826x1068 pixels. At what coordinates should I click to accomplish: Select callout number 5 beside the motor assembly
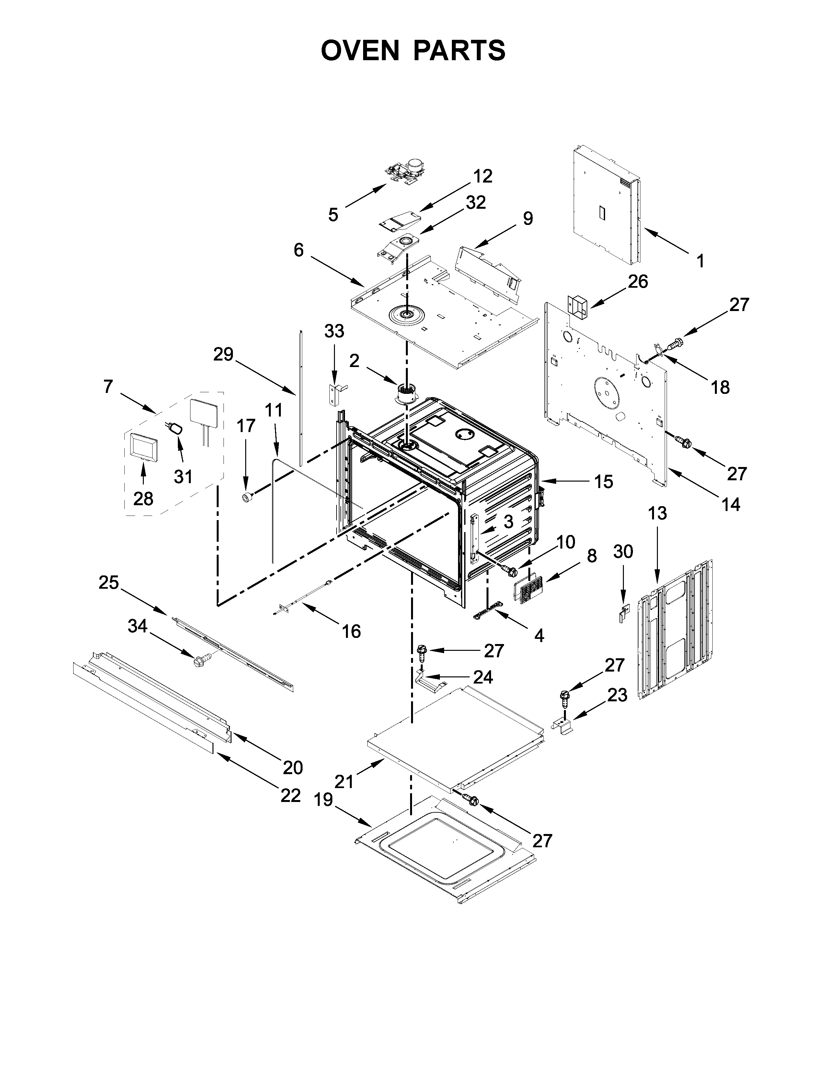click(x=333, y=214)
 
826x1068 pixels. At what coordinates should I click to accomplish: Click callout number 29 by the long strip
click(x=223, y=354)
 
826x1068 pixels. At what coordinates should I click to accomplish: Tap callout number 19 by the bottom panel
click(x=324, y=800)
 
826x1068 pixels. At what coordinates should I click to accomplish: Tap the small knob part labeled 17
click(x=247, y=497)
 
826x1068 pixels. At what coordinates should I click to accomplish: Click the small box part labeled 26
click(x=577, y=305)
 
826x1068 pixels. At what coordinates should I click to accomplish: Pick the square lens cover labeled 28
click(x=144, y=447)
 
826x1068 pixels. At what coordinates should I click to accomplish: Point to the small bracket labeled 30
click(x=624, y=612)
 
